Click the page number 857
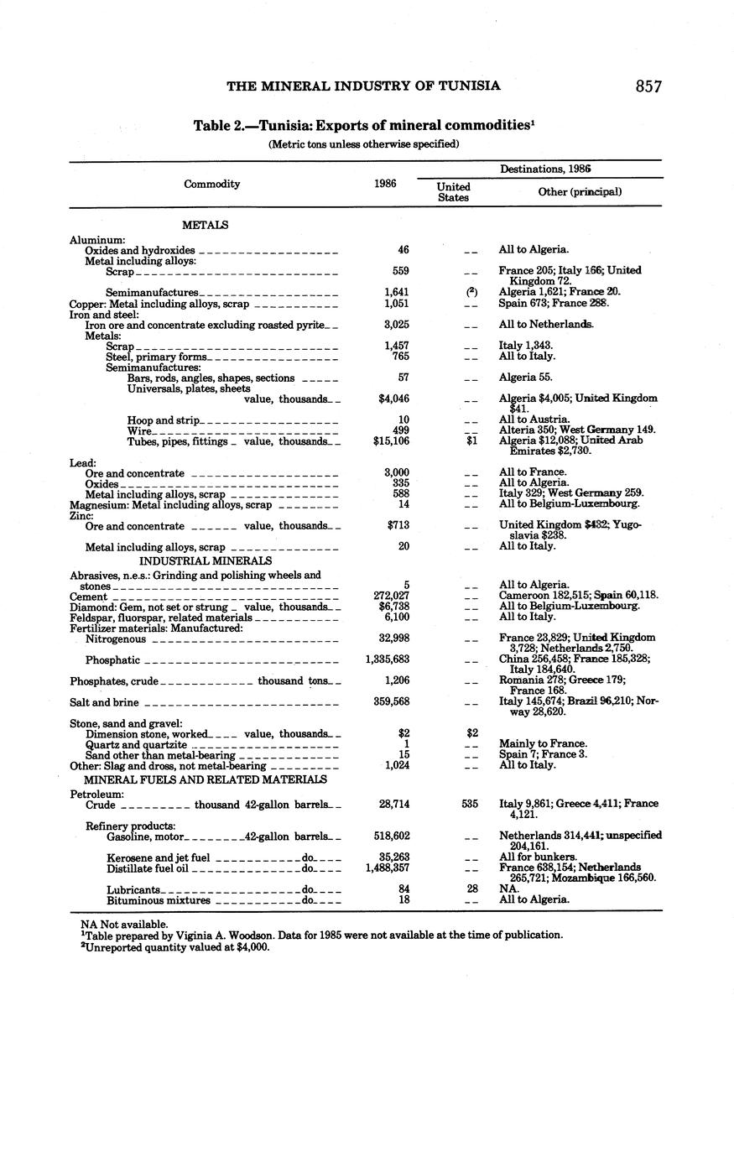coord(648,86)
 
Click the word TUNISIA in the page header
coord(471,86)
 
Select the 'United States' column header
coord(454,192)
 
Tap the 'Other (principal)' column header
coord(580,191)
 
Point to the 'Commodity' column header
coord(212,184)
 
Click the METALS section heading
coord(205,225)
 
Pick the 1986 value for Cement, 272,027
coord(391,596)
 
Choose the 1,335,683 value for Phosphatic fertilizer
coord(388,659)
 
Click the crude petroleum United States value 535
coord(470,804)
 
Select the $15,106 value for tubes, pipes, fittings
coord(391,440)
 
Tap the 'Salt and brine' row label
coord(104,703)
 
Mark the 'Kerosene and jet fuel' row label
coord(158,857)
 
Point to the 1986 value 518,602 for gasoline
coord(391,836)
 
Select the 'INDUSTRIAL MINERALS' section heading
coord(206,560)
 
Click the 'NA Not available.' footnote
coord(120,923)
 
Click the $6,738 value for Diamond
coord(393,606)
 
